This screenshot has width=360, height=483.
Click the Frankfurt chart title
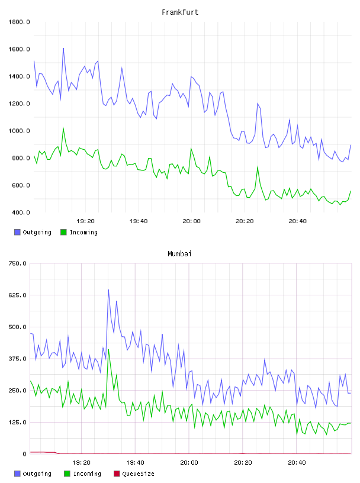point(180,12)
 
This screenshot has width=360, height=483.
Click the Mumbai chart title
point(179,253)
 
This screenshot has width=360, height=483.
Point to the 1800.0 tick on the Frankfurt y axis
point(19,22)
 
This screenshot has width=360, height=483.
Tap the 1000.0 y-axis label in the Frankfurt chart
point(19,131)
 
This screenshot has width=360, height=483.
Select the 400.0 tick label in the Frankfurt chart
point(21,212)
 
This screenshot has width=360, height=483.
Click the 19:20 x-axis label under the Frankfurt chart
point(85,221)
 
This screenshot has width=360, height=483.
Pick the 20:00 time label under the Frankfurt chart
point(191,221)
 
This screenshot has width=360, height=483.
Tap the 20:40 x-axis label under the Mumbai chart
point(297,463)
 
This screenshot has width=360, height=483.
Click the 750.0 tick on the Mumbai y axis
point(18,263)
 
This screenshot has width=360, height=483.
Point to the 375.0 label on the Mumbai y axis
point(18,359)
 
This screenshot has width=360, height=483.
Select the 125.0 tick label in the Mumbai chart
point(18,422)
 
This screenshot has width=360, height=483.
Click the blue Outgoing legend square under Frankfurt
point(17,232)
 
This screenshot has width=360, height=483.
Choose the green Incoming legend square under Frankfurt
point(63,232)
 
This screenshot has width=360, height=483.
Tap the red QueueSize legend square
point(117,474)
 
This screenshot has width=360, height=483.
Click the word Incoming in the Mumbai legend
point(87,474)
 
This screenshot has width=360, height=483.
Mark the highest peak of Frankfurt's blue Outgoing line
point(63,48)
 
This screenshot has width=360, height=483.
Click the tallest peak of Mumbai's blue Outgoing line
point(108,289)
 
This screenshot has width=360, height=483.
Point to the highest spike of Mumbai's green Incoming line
point(108,349)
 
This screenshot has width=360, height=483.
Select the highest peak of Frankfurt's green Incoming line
point(63,127)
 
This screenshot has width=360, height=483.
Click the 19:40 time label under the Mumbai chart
point(135,463)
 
